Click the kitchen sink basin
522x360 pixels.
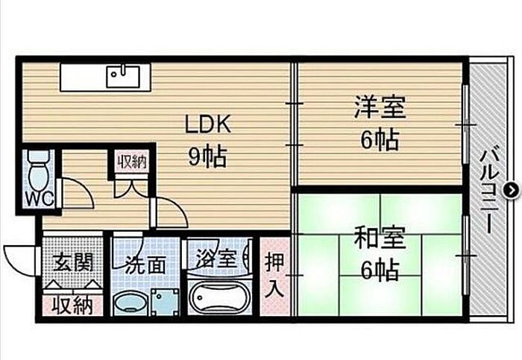[x=124, y=75]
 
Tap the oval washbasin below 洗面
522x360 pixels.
[x=131, y=303]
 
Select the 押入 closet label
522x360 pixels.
[x=274, y=275]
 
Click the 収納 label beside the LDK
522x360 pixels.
[x=132, y=160]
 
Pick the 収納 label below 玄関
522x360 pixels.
[x=72, y=306]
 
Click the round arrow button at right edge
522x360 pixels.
[x=510, y=190]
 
